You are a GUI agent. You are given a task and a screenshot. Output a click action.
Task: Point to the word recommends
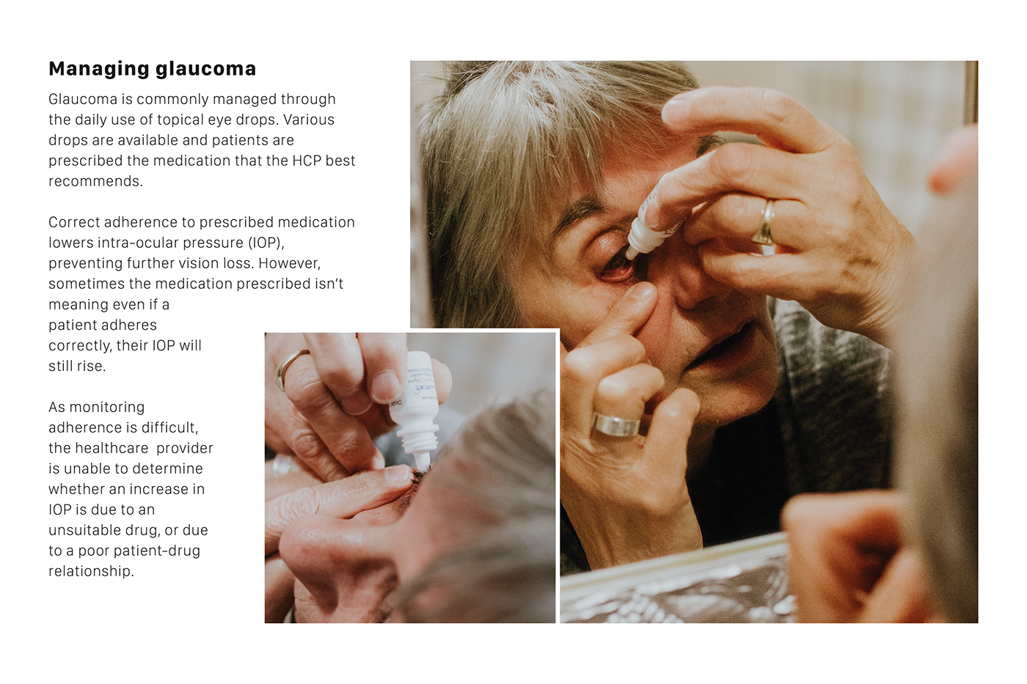[95, 181]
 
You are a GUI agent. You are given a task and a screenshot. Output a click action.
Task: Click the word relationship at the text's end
[90, 571]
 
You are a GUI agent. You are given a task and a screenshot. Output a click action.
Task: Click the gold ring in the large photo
[765, 223]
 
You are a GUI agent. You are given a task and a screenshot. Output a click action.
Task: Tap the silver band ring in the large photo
[615, 424]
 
